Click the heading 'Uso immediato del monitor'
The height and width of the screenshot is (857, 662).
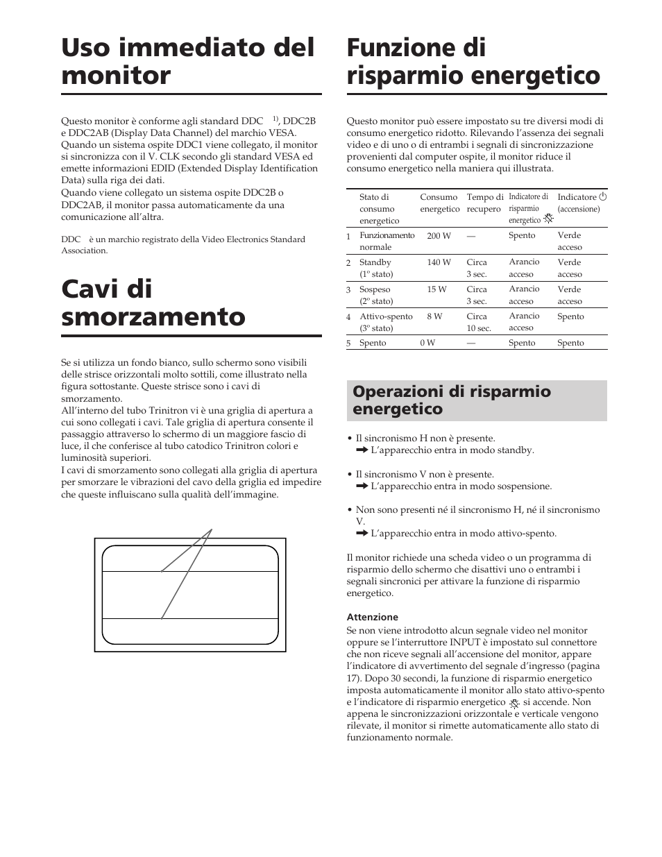(x=187, y=62)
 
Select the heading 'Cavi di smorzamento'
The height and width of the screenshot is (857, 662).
(x=153, y=303)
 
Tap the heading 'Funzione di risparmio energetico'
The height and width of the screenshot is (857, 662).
(x=473, y=62)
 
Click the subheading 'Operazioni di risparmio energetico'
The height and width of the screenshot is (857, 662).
(x=452, y=400)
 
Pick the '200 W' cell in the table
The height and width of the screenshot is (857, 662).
(x=439, y=236)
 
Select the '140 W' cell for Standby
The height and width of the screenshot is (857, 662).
(x=439, y=262)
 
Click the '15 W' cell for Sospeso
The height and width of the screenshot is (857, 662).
(x=437, y=289)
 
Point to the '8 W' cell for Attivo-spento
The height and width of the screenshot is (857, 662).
(x=434, y=316)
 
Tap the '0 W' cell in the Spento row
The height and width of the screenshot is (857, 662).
(x=427, y=343)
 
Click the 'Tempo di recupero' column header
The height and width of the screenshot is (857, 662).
(x=484, y=203)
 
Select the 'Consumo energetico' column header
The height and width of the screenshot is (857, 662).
(x=439, y=203)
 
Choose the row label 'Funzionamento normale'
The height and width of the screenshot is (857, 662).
(x=387, y=241)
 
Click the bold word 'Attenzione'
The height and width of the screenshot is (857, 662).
(x=372, y=617)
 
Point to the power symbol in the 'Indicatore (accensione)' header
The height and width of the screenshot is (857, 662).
(x=603, y=197)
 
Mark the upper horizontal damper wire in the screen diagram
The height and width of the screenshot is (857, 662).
(x=190, y=572)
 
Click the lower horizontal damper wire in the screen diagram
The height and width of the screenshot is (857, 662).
(x=190, y=618)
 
